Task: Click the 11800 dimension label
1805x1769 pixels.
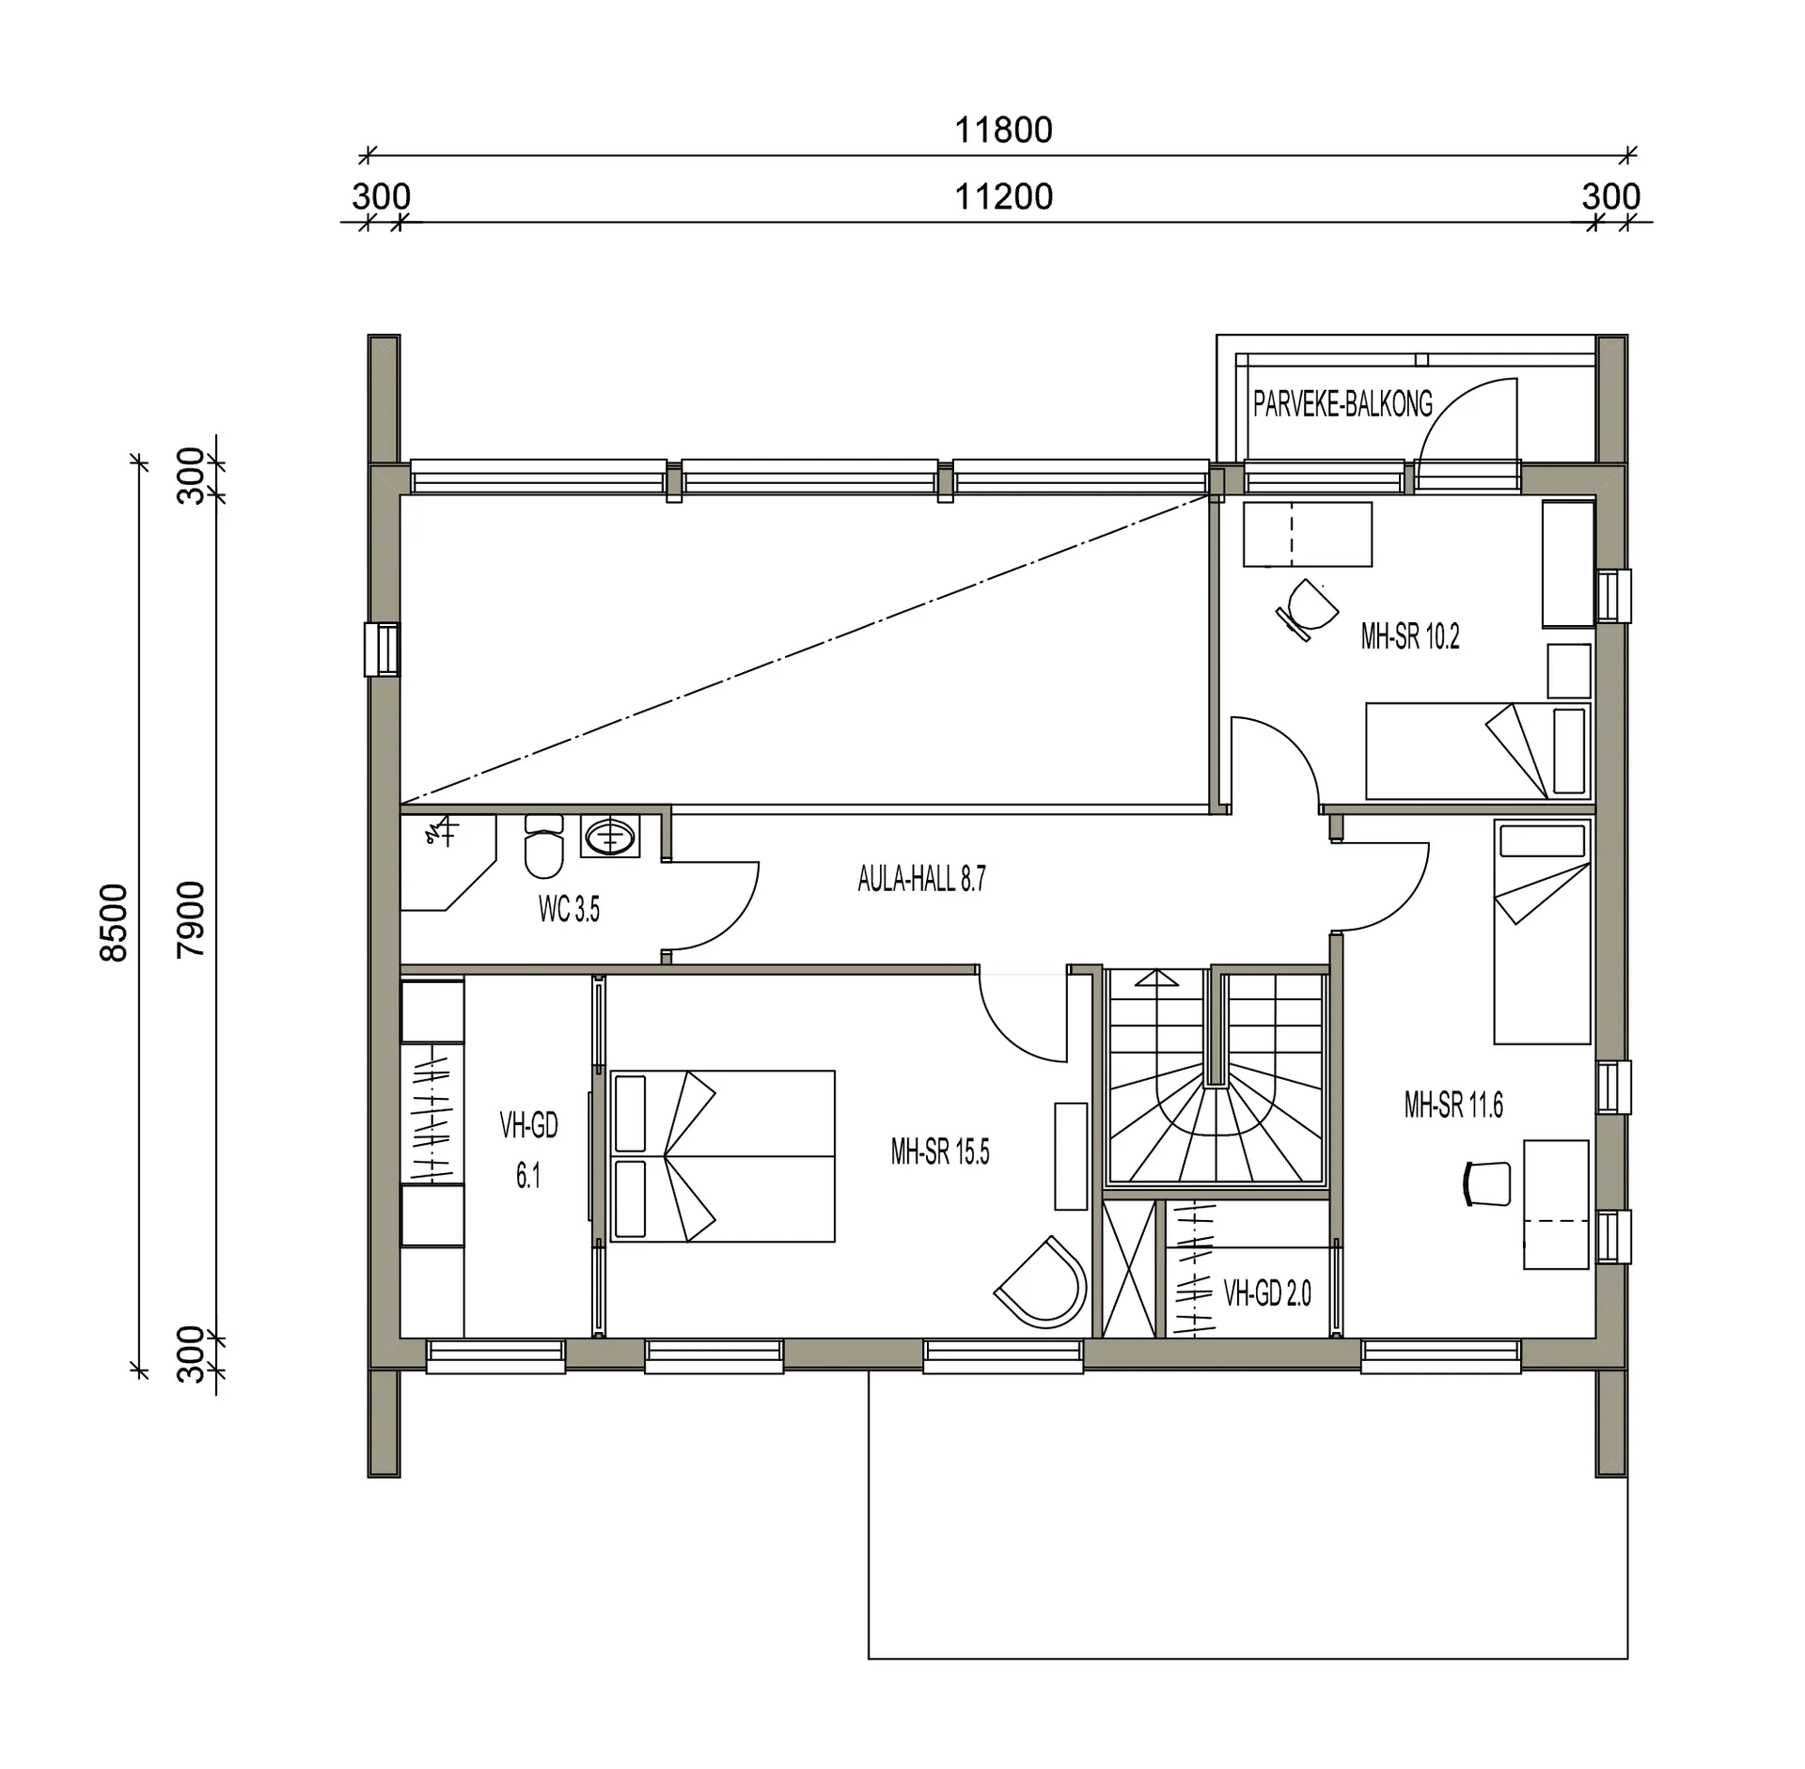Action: click(x=1003, y=130)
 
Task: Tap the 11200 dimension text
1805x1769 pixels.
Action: click(x=1003, y=197)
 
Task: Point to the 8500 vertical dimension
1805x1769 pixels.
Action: click(x=113, y=922)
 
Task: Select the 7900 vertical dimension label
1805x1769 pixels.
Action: click(x=190, y=918)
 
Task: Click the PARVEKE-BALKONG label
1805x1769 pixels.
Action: click(x=1342, y=404)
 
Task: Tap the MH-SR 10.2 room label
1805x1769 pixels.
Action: click(x=1410, y=637)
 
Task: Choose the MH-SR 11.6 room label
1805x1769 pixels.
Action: click(x=1453, y=1105)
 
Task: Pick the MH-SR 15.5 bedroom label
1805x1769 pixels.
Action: click(x=940, y=1152)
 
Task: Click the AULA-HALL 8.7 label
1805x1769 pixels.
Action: click(x=921, y=879)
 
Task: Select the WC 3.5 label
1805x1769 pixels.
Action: click(x=569, y=910)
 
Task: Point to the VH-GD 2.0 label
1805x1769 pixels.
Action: click(x=1267, y=1294)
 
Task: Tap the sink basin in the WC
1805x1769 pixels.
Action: click(x=609, y=837)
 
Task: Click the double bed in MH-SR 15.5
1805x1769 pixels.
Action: click(x=722, y=1156)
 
